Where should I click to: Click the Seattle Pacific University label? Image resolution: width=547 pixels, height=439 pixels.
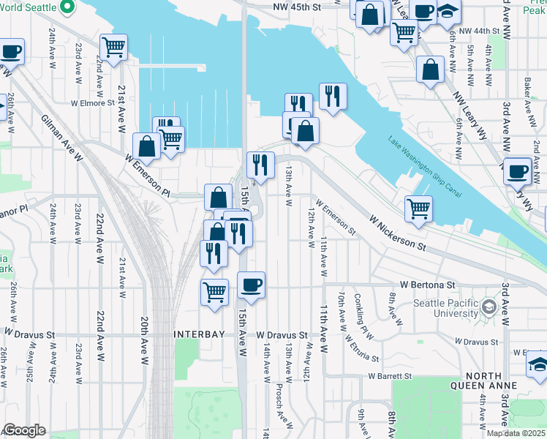444,309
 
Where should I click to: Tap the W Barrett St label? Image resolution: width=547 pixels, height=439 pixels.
390,376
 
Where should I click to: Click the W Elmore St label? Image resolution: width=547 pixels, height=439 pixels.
91,103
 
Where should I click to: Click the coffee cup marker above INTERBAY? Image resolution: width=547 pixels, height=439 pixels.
251,285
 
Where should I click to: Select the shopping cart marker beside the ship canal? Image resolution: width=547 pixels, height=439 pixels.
418,207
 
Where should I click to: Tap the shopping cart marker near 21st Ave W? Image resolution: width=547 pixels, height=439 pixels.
114,48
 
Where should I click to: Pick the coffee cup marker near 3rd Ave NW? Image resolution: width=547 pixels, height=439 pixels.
517,170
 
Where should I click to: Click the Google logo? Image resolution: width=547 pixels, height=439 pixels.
24,431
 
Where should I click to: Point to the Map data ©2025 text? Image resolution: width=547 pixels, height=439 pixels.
516,433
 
